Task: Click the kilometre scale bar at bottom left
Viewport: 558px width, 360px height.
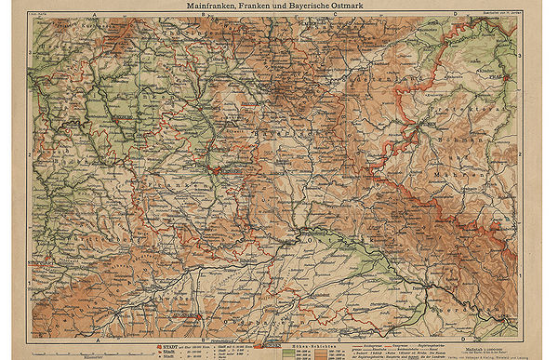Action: [65, 352]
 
